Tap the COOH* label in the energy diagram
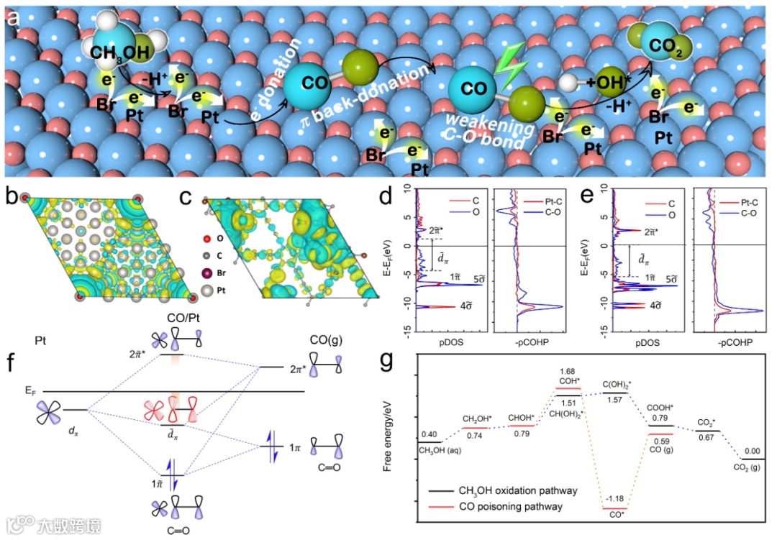point(660,408)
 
